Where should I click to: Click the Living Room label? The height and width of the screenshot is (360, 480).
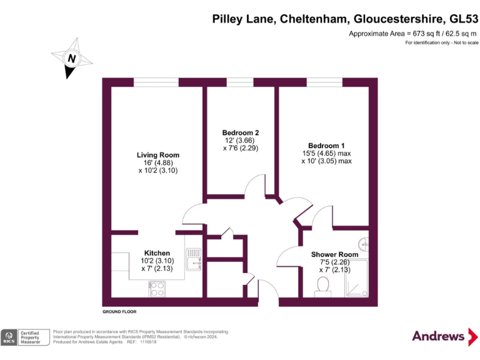[x=158, y=155]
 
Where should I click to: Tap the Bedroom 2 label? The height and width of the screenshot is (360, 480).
[x=241, y=132]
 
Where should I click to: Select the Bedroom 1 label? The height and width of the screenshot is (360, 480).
[x=326, y=146]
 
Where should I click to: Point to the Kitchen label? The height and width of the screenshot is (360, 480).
[x=156, y=253]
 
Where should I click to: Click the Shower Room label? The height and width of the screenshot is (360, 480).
[x=335, y=254]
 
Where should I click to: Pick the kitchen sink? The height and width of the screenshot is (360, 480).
[x=195, y=262]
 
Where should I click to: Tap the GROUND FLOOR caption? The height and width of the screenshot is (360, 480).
[x=119, y=311]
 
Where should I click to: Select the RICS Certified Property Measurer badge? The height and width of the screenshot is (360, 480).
[x=25, y=337]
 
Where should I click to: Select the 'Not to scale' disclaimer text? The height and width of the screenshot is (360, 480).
[x=463, y=42]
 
